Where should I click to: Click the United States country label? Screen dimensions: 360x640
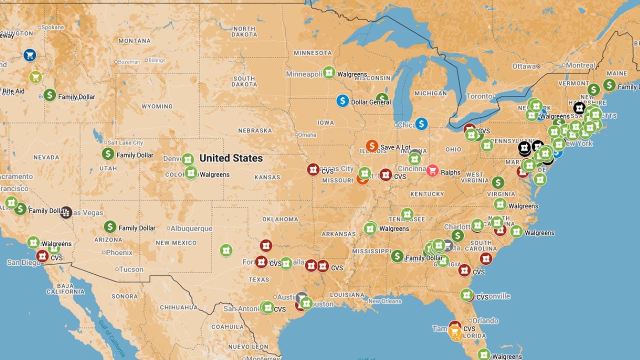point(231,158)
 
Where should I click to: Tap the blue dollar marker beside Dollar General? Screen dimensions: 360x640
point(342,101)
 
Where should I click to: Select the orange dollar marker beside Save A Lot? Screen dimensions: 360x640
point(371,146)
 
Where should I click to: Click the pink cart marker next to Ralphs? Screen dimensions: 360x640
point(432,171)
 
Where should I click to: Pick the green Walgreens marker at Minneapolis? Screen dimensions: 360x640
point(328,72)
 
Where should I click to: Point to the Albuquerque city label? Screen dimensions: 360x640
point(191,228)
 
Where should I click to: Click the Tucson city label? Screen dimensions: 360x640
point(131,269)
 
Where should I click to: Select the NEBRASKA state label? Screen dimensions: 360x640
point(255,130)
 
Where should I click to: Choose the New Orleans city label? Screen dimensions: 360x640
point(384,301)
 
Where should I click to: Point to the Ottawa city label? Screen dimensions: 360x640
point(523,66)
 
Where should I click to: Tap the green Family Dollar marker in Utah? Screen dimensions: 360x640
point(108,154)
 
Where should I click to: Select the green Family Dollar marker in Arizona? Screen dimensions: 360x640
point(110,227)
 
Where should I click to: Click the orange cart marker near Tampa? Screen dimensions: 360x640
point(455,332)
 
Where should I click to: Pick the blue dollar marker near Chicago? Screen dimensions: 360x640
point(421,123)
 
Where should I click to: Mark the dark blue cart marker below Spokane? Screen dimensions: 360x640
point(29,55)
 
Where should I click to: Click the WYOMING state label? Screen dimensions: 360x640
point(157,106)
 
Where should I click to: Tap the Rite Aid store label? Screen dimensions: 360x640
point(13,91)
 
